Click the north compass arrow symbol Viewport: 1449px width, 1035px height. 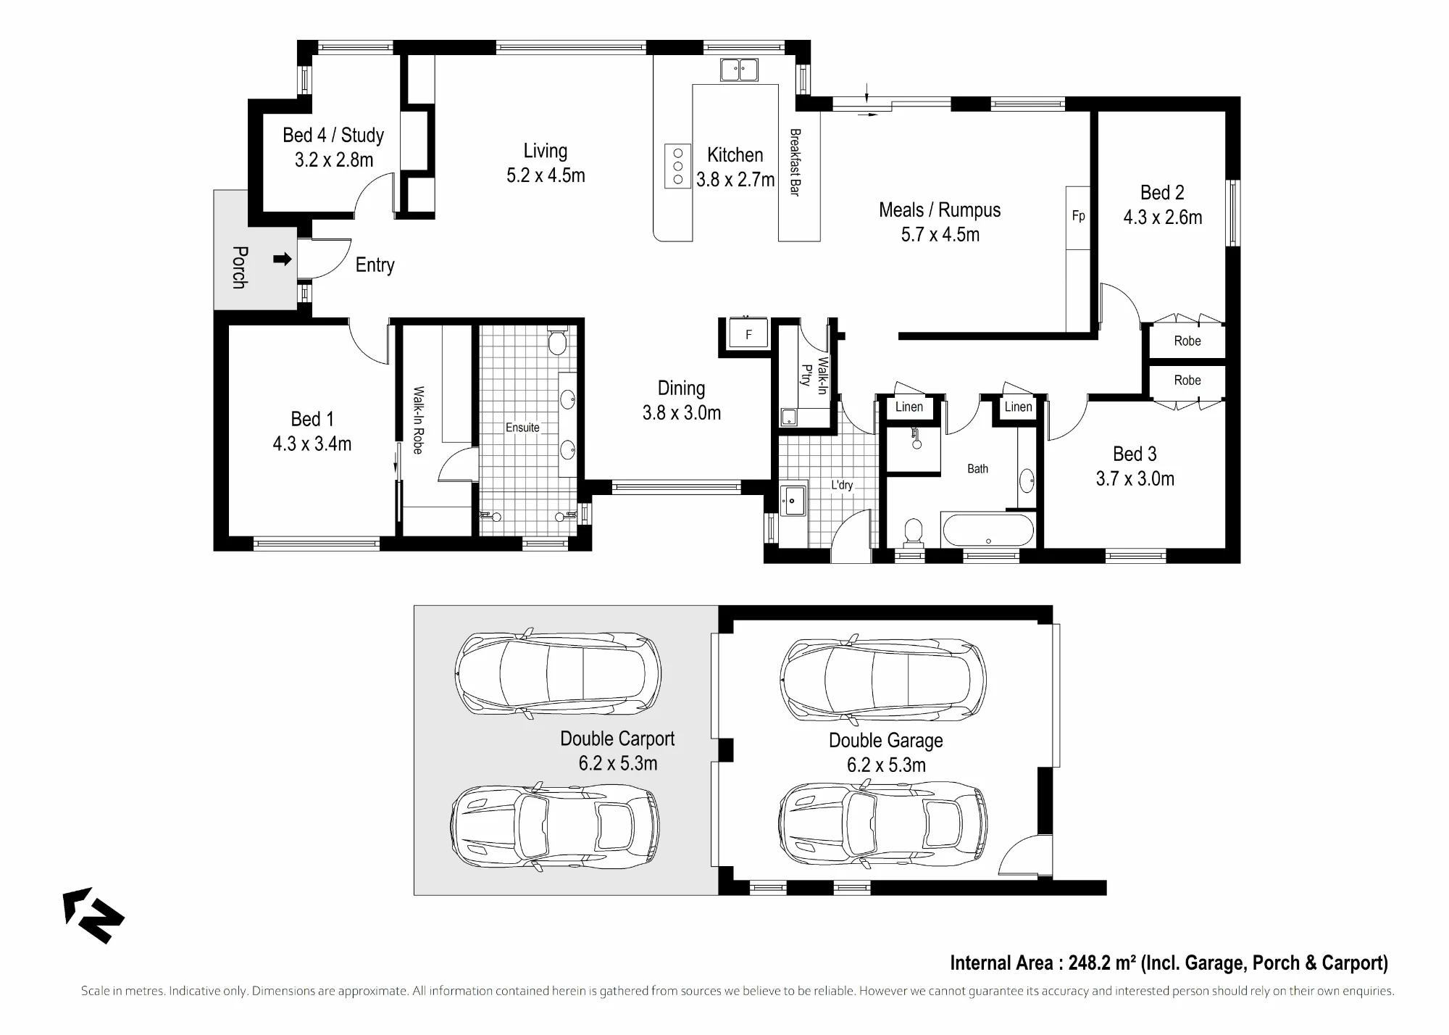[x=93, y=915]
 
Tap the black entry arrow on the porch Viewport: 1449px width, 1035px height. [x=283, y=259]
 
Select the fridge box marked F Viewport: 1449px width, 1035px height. [x=748, y=334]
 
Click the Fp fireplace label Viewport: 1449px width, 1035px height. [x=1078, y=216]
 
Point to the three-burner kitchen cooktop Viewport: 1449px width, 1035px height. [x=678, y=166]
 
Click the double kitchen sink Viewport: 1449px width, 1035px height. [x=739, y=70]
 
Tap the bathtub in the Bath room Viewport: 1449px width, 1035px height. [x=987, y=530]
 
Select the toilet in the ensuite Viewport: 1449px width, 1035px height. [x=557, y=341]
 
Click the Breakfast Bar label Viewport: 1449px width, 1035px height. [x=795, y=162]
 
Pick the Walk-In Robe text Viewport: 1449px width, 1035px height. [x=418, y=420]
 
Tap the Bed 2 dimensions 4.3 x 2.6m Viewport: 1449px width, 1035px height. [x=1162, y=217]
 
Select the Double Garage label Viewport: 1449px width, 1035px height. [x=886, y=741]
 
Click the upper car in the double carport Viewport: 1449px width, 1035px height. [x=558, y=673]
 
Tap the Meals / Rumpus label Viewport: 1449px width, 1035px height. [x=940, y=210]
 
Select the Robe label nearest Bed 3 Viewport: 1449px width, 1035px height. [x=1187, y=381]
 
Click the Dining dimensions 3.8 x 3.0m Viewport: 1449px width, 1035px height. [x=682, y=413]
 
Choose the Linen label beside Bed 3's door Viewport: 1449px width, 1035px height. [x=1018, y=407]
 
